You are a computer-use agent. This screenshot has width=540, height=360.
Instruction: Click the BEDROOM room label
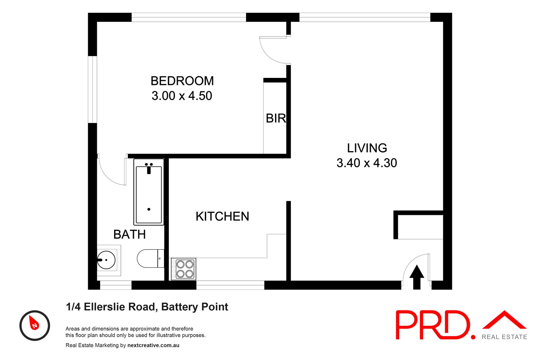182,81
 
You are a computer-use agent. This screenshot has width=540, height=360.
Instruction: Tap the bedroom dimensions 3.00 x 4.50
182,96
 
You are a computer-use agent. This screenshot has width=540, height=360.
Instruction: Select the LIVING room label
367,148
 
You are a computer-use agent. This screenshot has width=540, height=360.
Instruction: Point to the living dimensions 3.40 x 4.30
367,163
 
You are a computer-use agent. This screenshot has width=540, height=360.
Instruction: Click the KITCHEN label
222,216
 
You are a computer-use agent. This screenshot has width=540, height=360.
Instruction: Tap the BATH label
130,234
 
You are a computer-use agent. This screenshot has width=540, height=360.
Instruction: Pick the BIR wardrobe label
276,118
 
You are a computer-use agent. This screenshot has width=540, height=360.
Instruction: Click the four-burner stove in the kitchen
183,269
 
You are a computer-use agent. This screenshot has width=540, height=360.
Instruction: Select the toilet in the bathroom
150,258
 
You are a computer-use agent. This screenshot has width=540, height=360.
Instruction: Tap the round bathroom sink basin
106,260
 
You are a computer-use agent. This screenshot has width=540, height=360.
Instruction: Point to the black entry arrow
417,277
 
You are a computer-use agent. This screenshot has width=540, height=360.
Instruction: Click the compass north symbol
34,325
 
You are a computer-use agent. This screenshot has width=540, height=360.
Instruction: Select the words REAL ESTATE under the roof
504,337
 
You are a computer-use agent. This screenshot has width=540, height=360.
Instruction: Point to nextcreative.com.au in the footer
153,345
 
